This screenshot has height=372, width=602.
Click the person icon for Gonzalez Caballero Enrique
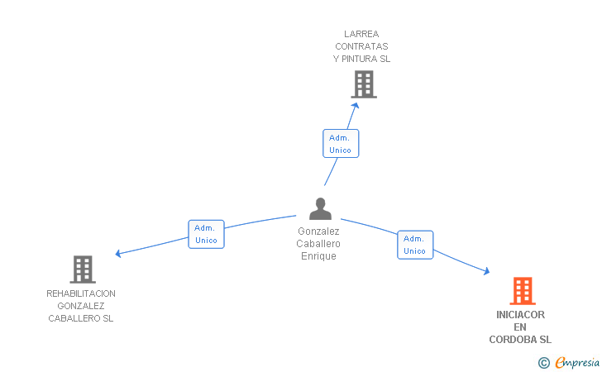click(320, 209)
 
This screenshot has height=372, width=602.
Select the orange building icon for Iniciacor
click(523, 291)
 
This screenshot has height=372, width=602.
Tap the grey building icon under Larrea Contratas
click(364, 84)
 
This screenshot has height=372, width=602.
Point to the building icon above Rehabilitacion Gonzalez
click(83, 269)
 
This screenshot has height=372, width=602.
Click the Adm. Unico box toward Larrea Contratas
click(341, 144)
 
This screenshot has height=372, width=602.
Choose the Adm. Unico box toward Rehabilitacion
click(206, 234)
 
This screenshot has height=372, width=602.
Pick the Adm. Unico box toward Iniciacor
click(415, 245)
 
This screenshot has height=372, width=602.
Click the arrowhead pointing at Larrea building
click(356, 106)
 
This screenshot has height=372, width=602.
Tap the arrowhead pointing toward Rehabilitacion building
click(118, 254)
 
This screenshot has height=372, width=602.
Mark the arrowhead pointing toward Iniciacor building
click(487, 271)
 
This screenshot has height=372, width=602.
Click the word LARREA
click(361, 34)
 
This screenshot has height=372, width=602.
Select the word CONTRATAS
click(361, 46)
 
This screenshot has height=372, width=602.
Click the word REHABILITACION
click(81, 293)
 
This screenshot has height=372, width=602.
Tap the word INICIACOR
click(520, 315)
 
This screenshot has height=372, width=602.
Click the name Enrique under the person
click(318, 256)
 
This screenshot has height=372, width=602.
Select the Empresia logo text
click(577, 362)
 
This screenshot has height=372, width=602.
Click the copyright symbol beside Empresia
click(544, 363)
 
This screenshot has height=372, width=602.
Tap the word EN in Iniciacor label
click(520, 327)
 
